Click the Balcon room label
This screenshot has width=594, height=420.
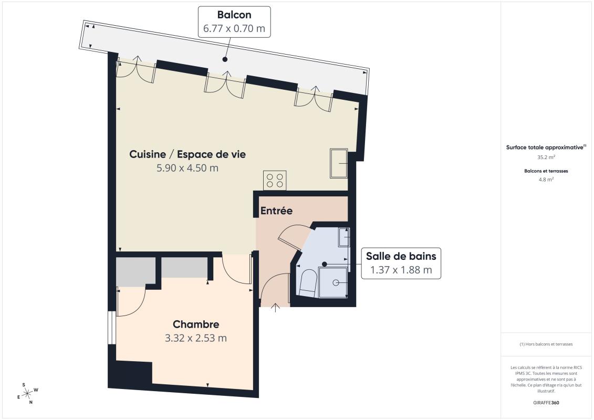[234, 15]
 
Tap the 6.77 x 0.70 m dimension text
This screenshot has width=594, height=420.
[234, 28]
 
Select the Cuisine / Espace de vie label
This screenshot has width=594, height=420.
[187, 154]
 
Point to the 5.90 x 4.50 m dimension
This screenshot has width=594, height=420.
[187, 168]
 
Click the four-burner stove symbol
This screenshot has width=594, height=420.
[275, 180]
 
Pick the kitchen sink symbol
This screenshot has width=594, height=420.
[339, 163]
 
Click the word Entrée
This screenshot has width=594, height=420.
[277, 211]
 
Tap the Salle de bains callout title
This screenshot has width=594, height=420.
[401, 256]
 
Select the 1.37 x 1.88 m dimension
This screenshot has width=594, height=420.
[401, 270]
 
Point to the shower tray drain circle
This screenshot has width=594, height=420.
[336, 282]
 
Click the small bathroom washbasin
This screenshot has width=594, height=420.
[344, 237]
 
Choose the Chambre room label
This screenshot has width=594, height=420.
[196, 324]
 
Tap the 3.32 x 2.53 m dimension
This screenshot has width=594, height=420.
[196, 338]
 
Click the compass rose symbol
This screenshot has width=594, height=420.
[28, 394]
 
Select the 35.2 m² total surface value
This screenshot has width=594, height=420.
[546, 157]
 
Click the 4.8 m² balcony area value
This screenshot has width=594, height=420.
[546, 180]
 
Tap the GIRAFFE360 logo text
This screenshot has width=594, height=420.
[546, 403]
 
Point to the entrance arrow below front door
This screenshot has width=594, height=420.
[275, 308]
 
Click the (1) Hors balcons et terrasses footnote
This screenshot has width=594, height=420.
[546, 344]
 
